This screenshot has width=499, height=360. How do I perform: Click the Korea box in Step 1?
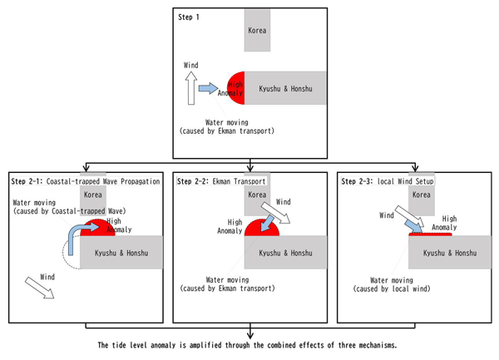257,31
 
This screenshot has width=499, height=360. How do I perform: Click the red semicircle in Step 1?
235,87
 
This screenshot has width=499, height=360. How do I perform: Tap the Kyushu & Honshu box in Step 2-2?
284,252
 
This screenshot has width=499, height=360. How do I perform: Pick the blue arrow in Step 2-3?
402,219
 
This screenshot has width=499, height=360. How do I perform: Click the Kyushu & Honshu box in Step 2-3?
449,252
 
